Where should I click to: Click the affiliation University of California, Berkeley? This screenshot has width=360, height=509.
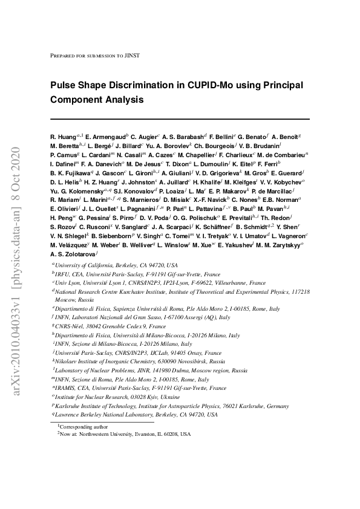coord(116,265)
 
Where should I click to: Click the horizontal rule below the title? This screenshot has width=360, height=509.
coord(179,118)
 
